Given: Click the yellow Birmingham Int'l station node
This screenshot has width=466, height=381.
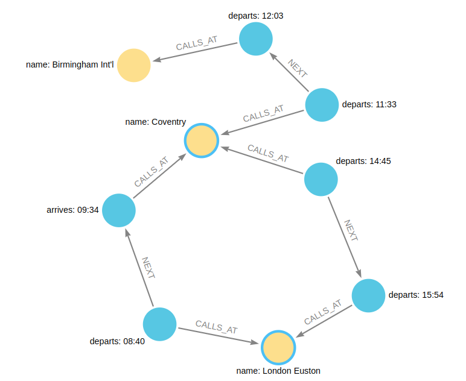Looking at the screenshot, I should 133,65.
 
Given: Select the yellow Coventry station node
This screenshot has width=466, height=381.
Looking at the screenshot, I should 201,140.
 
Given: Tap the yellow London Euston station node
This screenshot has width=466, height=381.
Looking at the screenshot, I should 278,347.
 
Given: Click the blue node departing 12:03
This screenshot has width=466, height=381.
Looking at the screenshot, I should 256,39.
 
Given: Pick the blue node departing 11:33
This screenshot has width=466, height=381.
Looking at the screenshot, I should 322,105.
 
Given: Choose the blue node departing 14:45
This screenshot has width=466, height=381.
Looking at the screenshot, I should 321,178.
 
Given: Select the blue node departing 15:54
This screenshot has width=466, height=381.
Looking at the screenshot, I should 368,295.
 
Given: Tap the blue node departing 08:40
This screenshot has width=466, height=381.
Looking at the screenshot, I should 160,324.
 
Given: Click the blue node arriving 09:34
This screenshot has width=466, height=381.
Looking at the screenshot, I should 118,210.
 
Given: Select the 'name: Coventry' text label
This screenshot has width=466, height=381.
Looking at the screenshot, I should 155,122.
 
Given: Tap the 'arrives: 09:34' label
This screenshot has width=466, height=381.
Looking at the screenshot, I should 72,210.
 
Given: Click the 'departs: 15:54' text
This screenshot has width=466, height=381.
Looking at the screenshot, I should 417,295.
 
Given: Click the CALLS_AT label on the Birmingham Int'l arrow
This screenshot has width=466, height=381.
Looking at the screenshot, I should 196,45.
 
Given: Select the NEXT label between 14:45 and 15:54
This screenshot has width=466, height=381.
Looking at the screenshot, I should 351,231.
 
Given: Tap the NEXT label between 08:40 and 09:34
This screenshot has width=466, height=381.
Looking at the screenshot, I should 148,267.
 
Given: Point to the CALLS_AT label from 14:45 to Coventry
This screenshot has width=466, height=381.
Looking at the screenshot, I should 268,153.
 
